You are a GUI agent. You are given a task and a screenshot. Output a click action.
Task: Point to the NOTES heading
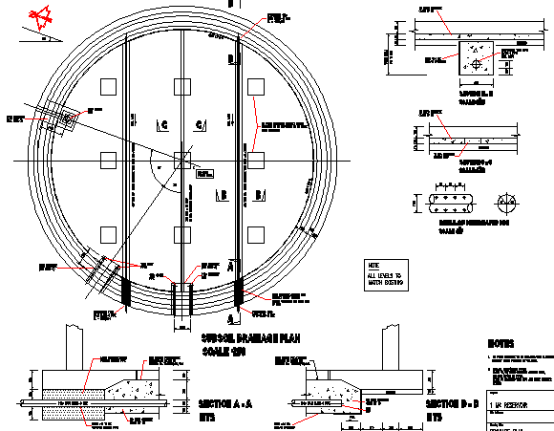pos(502,342)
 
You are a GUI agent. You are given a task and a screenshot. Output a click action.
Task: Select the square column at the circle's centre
pos(181,158)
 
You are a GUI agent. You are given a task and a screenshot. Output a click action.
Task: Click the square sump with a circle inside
pos(475,59)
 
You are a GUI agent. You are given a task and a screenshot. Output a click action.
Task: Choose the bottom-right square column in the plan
pos(254,232)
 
